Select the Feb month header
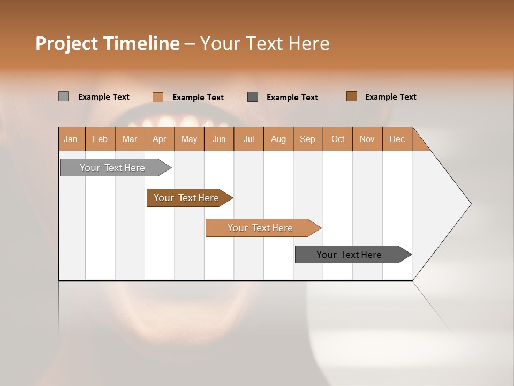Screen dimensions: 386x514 [100, 139]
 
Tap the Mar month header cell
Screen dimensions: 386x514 [130, 139]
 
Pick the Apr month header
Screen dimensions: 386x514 [160, 139]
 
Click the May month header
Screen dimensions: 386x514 [189, 139]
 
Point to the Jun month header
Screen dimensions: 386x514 [219, 139]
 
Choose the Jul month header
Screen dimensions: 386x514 [248, 139]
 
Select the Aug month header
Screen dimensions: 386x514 [278, 139]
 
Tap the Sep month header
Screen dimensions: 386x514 [308, 139]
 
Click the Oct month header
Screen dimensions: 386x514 [338, 139]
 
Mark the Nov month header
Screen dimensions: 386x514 [367, 139]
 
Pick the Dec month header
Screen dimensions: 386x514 [397, 139]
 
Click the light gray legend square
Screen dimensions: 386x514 [64, 96]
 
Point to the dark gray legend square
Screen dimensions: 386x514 [253, 96]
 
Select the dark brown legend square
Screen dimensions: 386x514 [352, 96]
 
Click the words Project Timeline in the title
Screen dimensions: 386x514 [108, 43]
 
